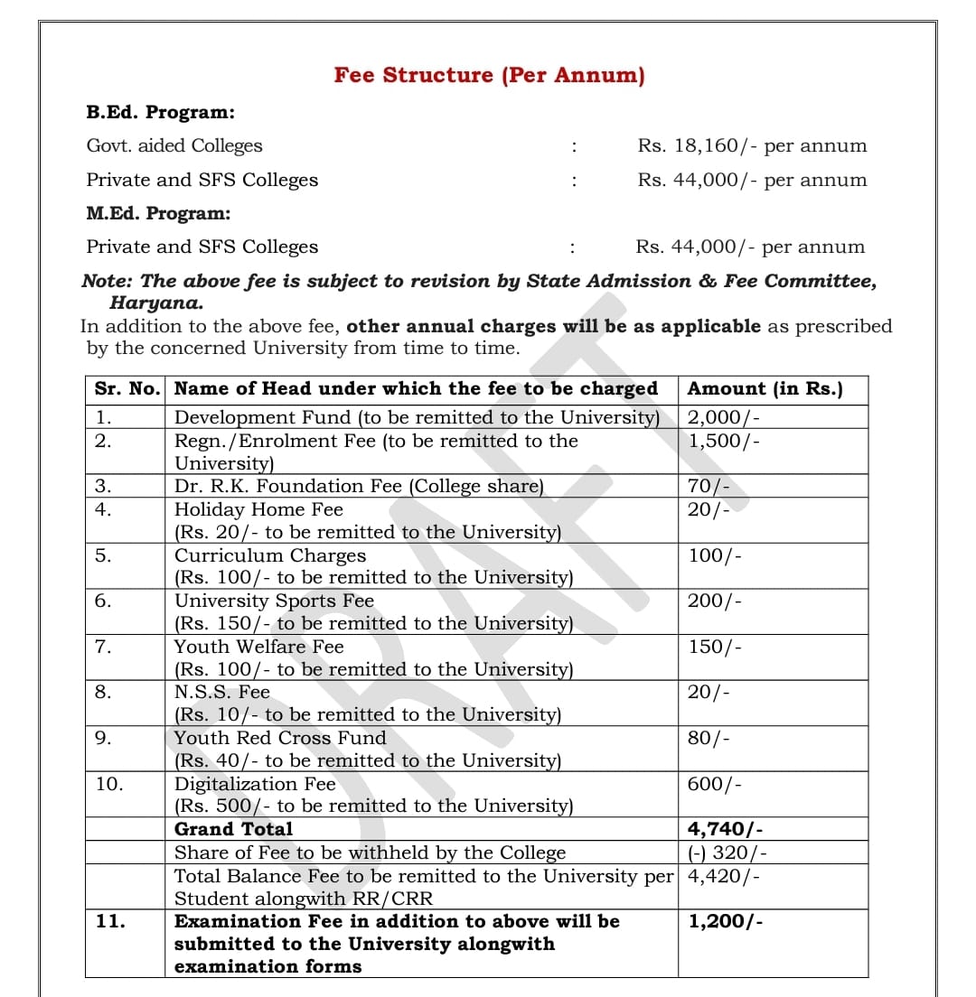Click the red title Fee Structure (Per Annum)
(x=489, y=75)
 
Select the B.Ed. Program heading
(x=160, y=113)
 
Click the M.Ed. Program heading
(x=158, y=214)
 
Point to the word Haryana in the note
(x=156, y=303)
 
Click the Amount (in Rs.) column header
(x=765, y=389)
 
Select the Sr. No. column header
(x=127, y=389)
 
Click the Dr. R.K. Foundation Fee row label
(x=359, y=487)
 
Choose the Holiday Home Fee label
(x=258, y=510)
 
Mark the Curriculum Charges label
(x=270, y=555)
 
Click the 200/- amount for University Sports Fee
(x=715, y=601)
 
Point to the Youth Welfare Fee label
(x=258, y=647)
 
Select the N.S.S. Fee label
(x=222, y=693)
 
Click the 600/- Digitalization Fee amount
(x=715, y=784)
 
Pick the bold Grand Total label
(x=233, y=829)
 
